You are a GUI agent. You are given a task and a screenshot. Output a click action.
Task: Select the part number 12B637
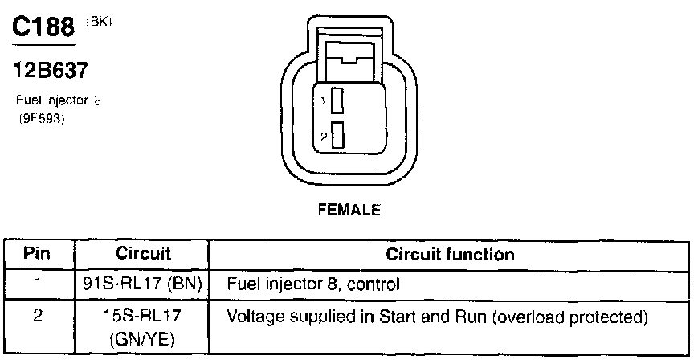click(51, 71)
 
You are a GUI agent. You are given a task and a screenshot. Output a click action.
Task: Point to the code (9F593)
click(41, 119)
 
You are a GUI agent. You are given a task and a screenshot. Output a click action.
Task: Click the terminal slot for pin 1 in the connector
click(338, 101)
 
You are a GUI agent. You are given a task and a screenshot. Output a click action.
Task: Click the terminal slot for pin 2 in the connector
click(338, 136)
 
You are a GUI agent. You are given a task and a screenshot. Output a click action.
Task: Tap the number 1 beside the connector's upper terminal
click(323, 102)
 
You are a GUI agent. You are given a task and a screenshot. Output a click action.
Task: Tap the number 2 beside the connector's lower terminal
click(323, 137)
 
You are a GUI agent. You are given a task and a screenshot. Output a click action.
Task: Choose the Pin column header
click(38, 255)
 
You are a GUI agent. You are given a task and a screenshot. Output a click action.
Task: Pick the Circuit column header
click(143, 255)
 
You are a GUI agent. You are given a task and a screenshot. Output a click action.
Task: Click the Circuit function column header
click(450, 255)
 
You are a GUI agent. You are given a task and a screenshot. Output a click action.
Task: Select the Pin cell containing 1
click(38, 284)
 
